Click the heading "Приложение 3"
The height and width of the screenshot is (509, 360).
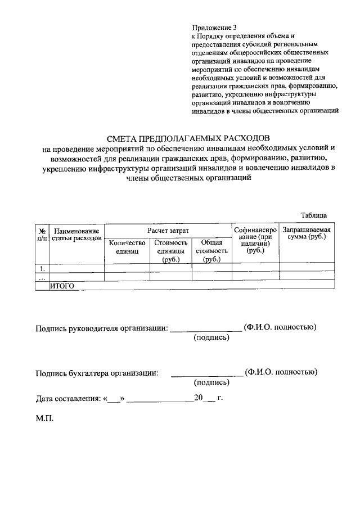pos(214,26)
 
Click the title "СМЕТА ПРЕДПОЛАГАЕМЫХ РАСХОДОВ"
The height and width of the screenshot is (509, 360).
pos(188,138)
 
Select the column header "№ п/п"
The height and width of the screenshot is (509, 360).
pos(42,235)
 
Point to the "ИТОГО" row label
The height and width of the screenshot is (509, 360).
pos(62,286)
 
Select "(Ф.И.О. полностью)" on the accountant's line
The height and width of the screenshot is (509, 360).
pos(281,372)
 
